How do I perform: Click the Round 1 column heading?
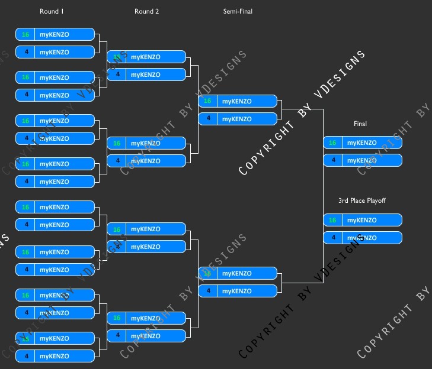tap(49, 11)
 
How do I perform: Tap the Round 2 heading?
tap(146, 11)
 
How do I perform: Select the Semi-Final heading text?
tap(238, 11)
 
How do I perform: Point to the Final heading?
tap(360, 124)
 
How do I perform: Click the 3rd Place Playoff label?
tap(361, 200)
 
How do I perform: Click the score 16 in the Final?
tap(332, 143)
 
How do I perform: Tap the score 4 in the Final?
tap(332, 160)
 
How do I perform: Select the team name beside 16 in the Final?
tap(361, 143)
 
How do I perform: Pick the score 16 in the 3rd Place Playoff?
tap(332, 220)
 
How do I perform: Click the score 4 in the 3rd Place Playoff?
tap(332, 238)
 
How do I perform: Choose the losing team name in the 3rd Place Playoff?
tap(361, 238)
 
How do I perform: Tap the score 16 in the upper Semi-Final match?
tap(207, 101)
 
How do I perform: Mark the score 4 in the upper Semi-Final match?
tap(207, 119)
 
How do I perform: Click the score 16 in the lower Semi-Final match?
tap(207, 273)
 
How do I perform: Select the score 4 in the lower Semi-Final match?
tap(207, 291)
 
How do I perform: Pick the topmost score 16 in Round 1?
tap(25, 34)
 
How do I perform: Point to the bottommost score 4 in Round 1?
tap(25, 356)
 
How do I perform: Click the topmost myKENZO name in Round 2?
tap(145, 57)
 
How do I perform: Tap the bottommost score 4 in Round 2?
tap(117, 336)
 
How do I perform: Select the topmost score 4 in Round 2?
tap(117, 75)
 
